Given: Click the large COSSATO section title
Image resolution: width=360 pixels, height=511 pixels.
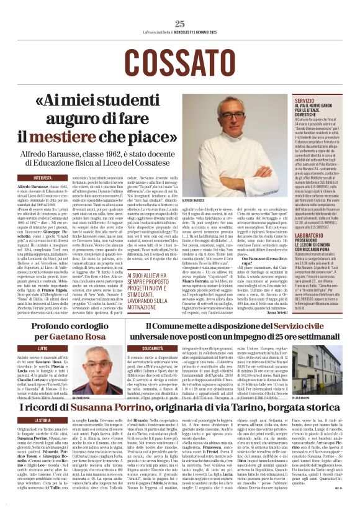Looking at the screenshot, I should [179, 60].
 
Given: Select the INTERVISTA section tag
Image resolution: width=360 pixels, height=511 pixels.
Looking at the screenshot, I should [43, 178].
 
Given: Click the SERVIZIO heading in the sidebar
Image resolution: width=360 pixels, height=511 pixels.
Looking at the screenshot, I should [305, 99].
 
